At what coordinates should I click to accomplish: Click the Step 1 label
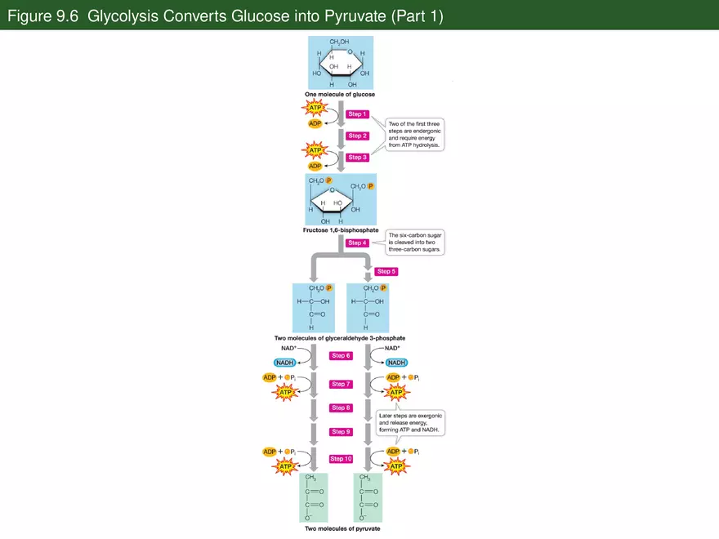[x=357, y=114]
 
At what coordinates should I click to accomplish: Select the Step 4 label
[x=357, y=243]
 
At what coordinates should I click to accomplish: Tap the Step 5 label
[x=386, y=271]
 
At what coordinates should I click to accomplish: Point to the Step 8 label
[x=341, y=408]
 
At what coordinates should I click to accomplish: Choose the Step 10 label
[x=341, y=459]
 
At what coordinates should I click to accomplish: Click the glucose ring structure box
[x=341, y=63]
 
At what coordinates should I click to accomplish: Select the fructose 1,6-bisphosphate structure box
[x=341, y=199]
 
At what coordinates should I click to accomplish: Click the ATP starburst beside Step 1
[x=316, y=108]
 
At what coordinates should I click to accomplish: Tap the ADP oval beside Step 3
[x=315, y=167]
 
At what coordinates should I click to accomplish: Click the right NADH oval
[x=396, y=363]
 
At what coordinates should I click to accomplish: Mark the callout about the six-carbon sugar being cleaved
[x=415, y=243]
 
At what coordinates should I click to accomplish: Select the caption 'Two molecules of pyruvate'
[x=342, y=528]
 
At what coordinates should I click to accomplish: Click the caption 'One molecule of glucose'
[x=340, y=95]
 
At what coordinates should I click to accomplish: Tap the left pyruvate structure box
[x=314, y=497]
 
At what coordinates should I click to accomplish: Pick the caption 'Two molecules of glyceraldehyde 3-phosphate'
[x=340, y=337]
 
